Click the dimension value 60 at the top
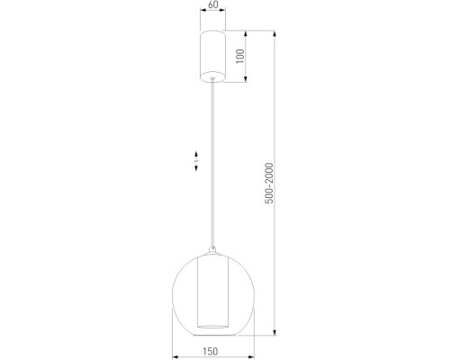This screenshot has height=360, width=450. [x=212, y=5]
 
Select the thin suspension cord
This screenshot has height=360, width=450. [x=212, y=162]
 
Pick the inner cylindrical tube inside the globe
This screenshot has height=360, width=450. [x=212, y=288]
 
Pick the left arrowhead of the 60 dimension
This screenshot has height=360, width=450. [x=199, y=16]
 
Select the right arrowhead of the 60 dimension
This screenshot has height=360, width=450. [x=226, y=16]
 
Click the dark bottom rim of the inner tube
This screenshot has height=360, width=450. [x=212, y=322]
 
